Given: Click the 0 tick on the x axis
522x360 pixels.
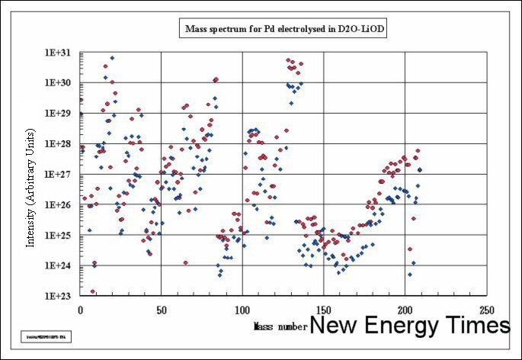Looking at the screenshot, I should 80,310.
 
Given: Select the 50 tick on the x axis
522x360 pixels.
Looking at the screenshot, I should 161,310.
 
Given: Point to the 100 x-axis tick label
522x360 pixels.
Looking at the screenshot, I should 242,310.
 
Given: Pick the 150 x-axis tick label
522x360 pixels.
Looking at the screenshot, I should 323,310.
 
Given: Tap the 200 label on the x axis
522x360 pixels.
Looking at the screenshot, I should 405,310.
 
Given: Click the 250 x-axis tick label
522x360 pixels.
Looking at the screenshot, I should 486,310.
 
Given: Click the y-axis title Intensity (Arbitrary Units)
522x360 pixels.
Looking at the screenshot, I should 31,198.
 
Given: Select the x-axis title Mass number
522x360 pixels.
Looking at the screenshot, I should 280,326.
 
